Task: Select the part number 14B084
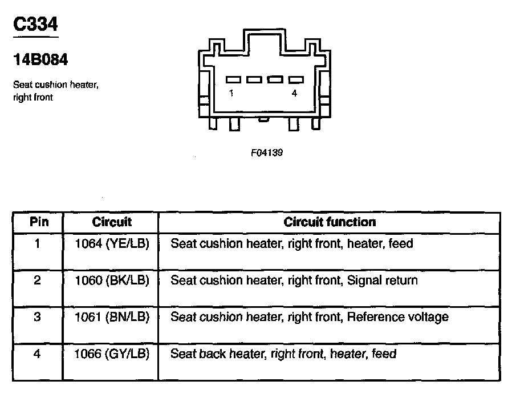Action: pos(39,59)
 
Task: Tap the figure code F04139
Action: pos(266,153)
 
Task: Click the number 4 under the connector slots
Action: pos(294,94)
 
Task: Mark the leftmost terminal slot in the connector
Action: pos(234,80)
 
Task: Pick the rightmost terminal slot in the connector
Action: pos(296,80)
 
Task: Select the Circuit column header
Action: pos(112,222)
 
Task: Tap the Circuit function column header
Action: pos(330,222)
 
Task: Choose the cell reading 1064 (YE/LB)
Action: pos(112,244)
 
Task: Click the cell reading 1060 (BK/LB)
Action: pos(112,280)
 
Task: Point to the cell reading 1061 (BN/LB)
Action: pos(112,317)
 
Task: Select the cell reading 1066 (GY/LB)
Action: pos(112,354)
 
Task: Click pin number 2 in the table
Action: pos(38,280)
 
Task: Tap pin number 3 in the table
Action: pos(38,317)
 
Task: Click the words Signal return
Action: pos(382,280)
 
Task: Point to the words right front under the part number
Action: pos(32,98)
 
